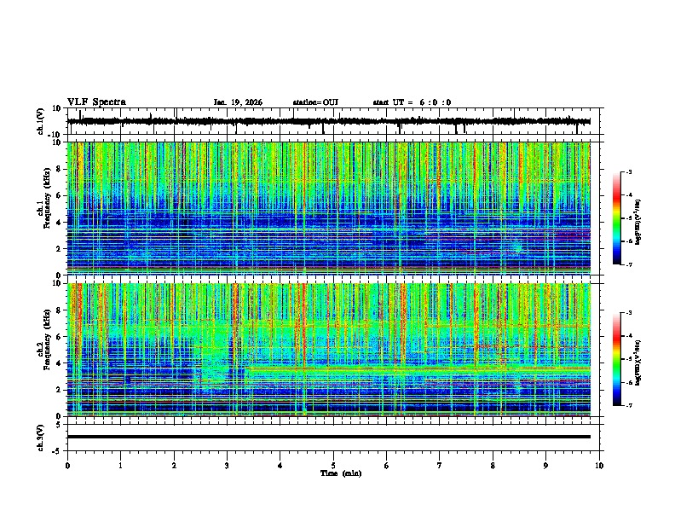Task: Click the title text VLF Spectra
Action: tap(96, 102)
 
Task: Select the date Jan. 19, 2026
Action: tap(238, 102)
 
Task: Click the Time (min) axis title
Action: tap(340, 473)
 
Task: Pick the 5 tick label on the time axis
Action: tap(334, 466)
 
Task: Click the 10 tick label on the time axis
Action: tap(599, 466)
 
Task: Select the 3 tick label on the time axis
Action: tap(228, 466)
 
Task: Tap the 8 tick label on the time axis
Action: tap(493, 466)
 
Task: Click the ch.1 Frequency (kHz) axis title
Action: tap(44, 209)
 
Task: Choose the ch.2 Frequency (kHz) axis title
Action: tap(44, 350)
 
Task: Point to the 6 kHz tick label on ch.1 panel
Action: tap(59, 195)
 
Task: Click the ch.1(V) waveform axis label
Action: tap(41, 122)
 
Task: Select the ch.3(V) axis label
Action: tap(41, 437)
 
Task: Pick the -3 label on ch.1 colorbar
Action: tap(629, 172)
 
